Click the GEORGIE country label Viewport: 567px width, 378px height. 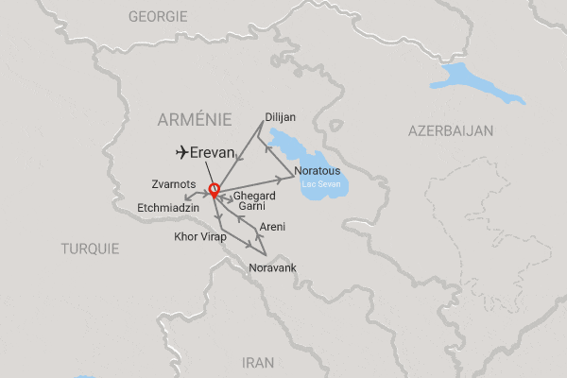[x=159, y=16]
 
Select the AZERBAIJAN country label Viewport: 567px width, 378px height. [x=451, y=130]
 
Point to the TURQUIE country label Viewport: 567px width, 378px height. [x=90, y=249]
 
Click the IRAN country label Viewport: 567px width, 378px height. [x=258, y=361]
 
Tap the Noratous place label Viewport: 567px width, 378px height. [x=318, y=171]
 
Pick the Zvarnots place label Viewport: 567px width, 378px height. [x=173, y=183]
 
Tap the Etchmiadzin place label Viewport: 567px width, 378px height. [x=168, y=203]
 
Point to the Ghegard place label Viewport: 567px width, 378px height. [x=253, y=195]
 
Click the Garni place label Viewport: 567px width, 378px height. [x=251, y=206]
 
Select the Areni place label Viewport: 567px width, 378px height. [x=272, y=227]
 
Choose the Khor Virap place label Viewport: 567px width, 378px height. [x=200, y=236]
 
